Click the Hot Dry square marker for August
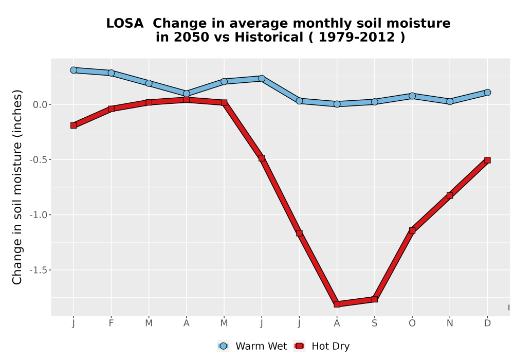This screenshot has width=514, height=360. (x=337, y=304)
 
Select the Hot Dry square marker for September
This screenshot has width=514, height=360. (x=375, y=299)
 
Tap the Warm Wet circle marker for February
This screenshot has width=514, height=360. (x=111, y=73)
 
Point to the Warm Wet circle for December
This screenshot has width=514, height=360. (x=487, y=93)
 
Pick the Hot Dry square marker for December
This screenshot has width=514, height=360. (x=487, y=160)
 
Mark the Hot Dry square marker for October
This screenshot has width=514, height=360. (x=412, y=230)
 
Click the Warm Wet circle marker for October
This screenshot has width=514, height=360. (x=412, y=96)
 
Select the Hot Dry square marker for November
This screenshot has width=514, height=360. (x=450, y=195)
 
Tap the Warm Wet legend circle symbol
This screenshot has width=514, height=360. (x=223, y=346)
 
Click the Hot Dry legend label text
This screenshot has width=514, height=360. (x=331, y=346)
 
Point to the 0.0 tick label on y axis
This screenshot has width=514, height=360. (x=40, y=104)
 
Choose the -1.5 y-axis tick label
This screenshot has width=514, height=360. (x=38, y=270)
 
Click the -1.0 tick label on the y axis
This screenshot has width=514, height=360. (x=38, y=215)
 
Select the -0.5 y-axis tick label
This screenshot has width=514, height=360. (x=38, y=160)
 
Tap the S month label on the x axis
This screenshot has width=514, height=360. (x=375, y=323)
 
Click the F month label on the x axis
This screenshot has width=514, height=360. (x=111, y=323)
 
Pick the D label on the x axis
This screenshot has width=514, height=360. (x=487, y=323)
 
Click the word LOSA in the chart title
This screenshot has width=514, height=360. (x=125, y=23)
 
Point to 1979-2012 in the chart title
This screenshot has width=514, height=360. (x=357, y=37)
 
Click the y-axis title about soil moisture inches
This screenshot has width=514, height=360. (x=17, y=187)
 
